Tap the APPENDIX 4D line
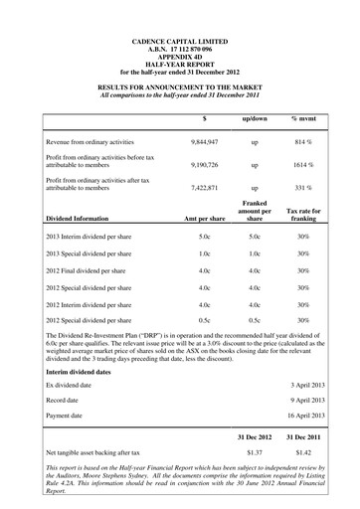click(x=180, y=59)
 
